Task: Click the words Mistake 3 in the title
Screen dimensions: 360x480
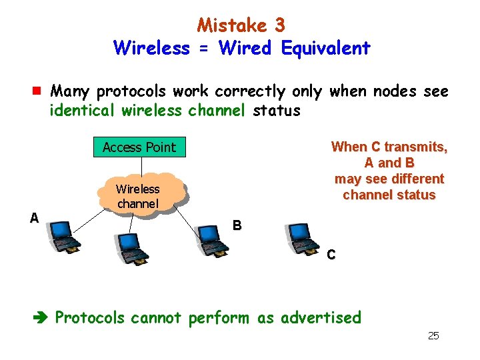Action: (x=241, y=25)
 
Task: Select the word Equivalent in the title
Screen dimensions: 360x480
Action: (x=325, y=48)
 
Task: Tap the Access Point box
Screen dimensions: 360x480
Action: (x=139, y=147)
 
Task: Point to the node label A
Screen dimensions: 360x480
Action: (x=33, y=217)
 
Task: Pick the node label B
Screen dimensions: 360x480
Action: (x=237, y=225)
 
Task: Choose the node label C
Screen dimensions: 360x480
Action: (x=331, y=255)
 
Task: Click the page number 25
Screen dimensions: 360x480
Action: (x=433, y=335)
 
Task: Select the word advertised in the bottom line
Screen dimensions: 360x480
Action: (x=321, y=317)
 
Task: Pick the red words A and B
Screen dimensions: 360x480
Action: (x=389, y=163)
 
